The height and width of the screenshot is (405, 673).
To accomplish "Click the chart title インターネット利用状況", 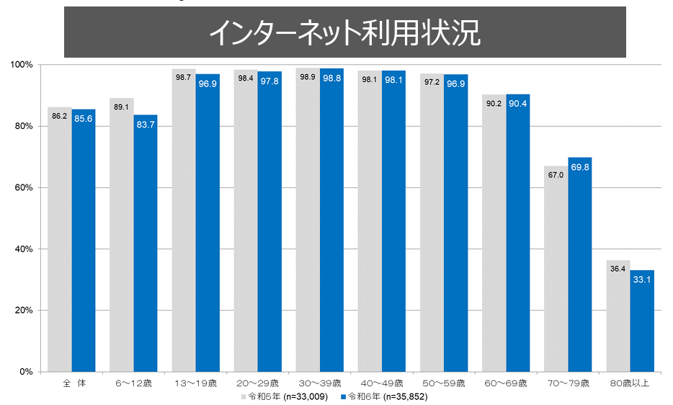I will [x=344, y=32].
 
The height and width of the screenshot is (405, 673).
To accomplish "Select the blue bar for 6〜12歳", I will [x=146, y=245].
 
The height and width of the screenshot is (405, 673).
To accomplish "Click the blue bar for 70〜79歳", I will [x=580, y=267].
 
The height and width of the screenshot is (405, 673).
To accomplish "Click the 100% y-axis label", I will [x=22, y=65].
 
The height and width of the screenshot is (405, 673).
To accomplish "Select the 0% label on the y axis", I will [x=27, y=372].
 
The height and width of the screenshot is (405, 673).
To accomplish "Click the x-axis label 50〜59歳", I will [x=444, y=383].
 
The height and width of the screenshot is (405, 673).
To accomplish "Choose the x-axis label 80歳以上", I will [x=630, y=383].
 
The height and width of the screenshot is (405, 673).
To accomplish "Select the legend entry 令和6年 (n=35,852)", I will [x=388, y=396].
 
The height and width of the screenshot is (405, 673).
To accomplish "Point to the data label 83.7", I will [x=146, y=125].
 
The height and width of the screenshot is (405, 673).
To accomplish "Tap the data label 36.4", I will [x=618, y=270].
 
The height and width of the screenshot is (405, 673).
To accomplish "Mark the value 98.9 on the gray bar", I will [x=308, y=77].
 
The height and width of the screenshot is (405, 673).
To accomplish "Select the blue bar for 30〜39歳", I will [x=331, y=223].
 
